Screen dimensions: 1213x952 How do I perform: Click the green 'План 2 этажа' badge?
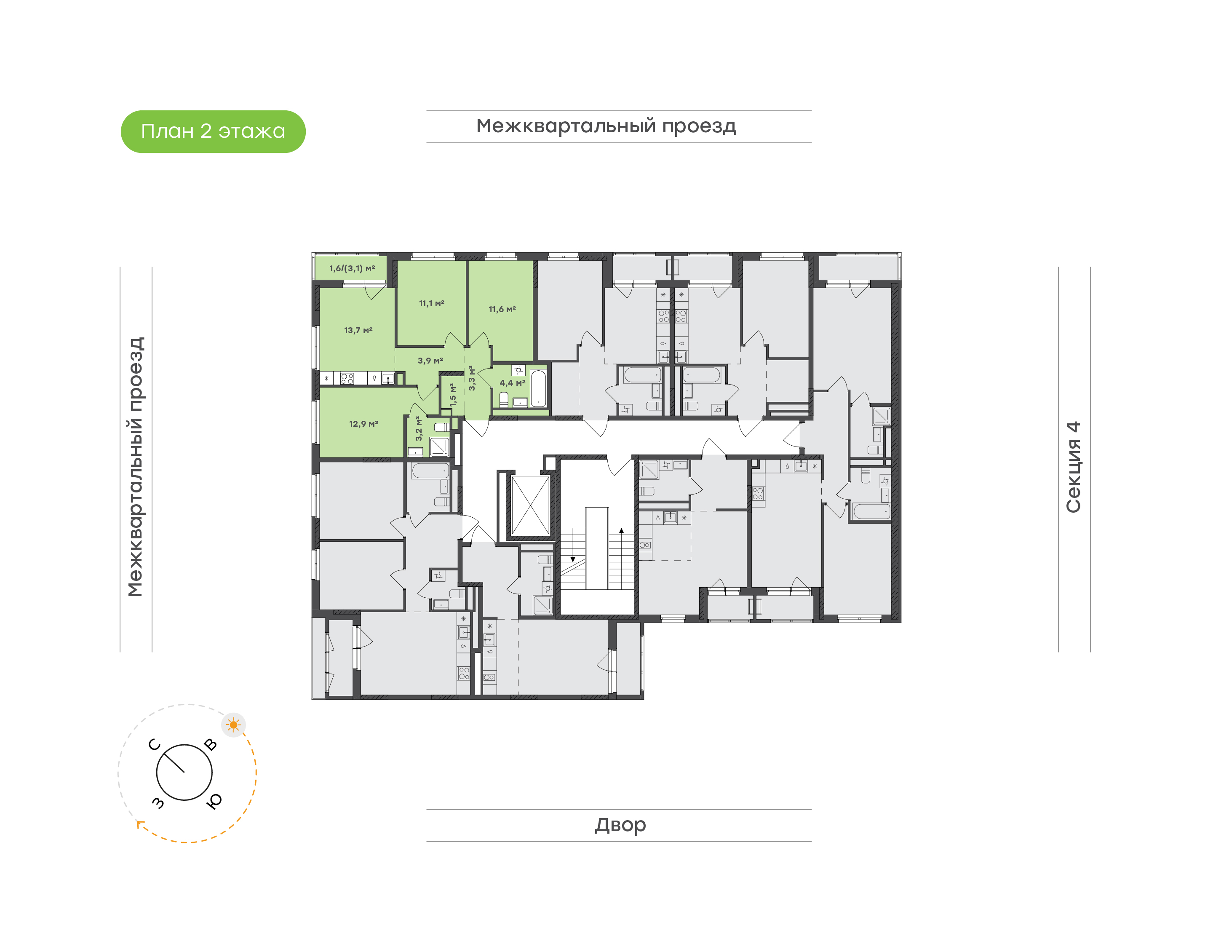[213, 131]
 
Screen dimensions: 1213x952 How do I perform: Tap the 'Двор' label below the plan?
[620, 825]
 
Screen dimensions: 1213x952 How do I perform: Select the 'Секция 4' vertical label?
[1073, 467]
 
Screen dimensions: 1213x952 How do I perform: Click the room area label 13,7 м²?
[358, 331]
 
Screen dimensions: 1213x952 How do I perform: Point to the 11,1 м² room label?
[432, 303]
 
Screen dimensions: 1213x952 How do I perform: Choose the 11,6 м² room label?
[502, 309]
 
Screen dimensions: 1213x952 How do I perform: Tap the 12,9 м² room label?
[364, 424]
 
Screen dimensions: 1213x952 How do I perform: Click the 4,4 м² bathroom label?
[513, 383]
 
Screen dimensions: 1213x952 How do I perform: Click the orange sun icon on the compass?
[233, 725]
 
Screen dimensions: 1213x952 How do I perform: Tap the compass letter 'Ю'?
[214, 801]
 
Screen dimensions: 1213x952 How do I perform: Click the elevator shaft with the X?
[530, 506]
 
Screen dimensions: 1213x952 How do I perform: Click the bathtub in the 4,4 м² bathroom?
[538, 388]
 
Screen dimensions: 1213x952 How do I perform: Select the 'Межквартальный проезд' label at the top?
[606, 126]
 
